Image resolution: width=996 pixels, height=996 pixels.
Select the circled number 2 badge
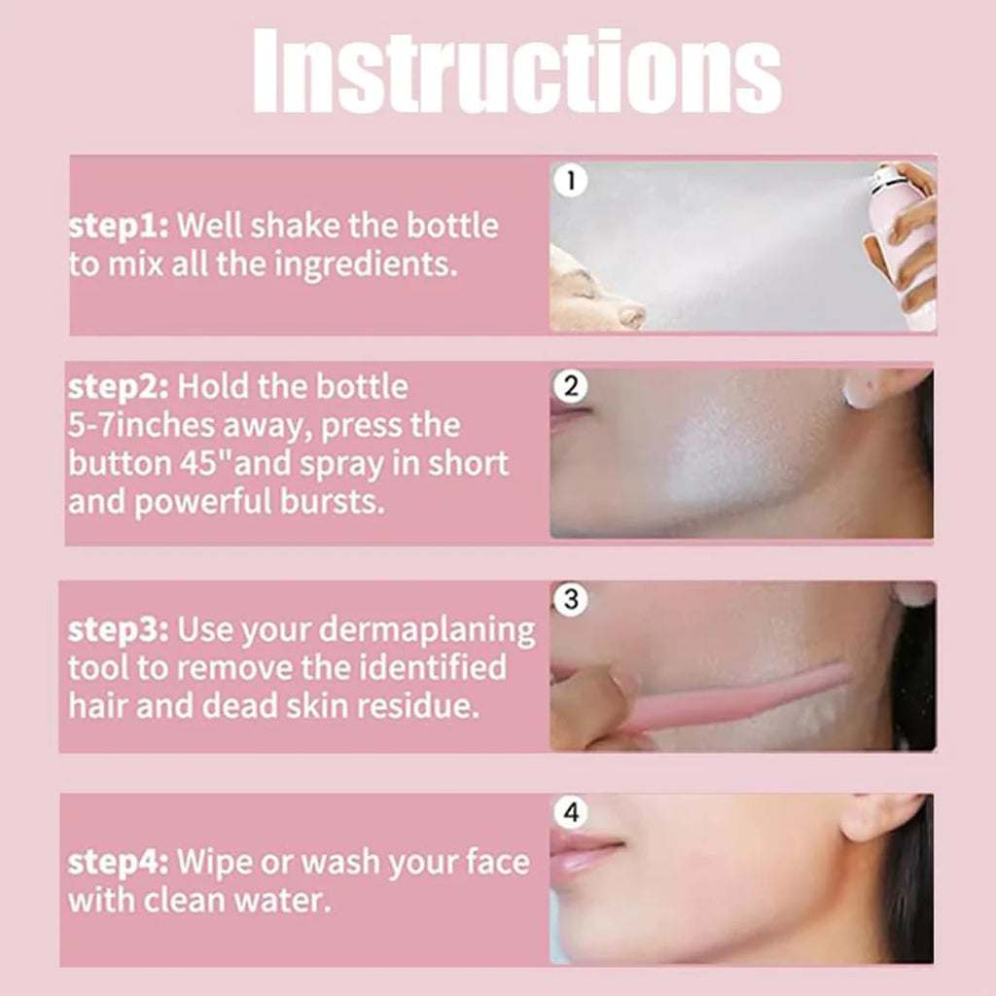click(571, 387)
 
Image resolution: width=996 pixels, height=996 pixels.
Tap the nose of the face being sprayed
click(630, 316)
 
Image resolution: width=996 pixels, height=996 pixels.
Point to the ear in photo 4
click(875, 817)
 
